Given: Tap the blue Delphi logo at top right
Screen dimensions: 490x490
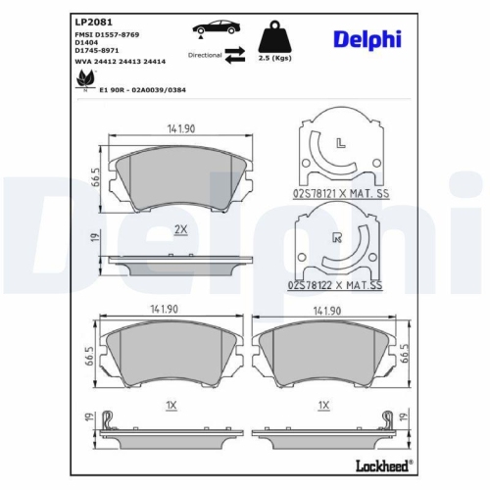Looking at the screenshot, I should click(x=367, y=39).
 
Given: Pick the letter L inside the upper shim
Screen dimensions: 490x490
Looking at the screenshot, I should click(x=340, y=144).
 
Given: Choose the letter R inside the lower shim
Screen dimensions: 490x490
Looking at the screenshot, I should click(x=337, y=237).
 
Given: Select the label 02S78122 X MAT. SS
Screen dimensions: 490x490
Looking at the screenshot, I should click(x=336, y=285).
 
